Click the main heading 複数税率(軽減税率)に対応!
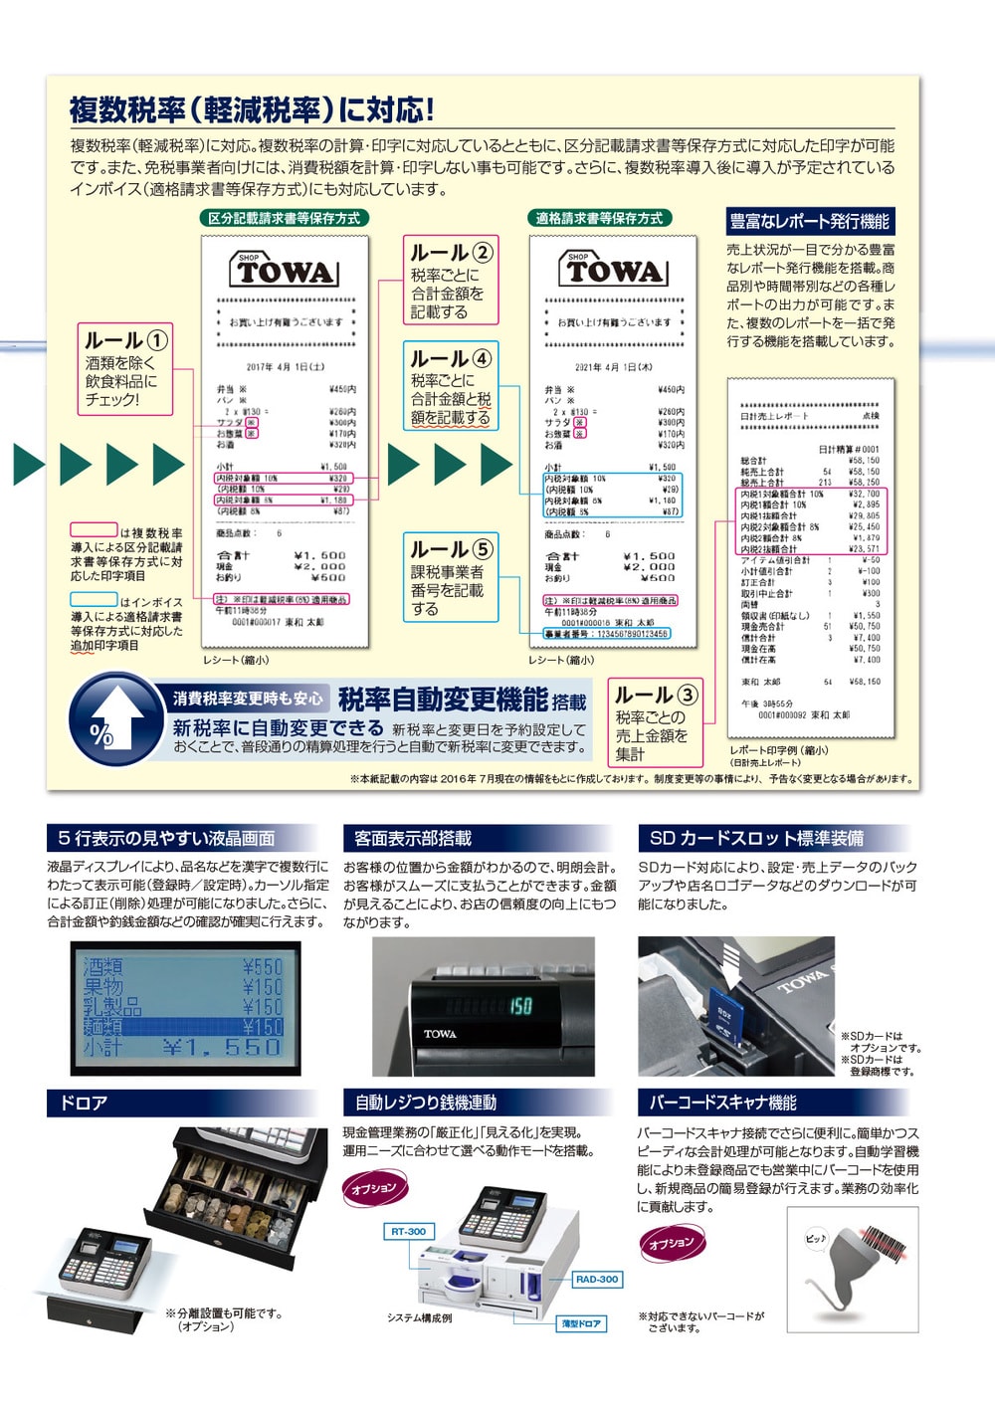tap(252, 108)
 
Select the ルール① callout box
tap(125, 369)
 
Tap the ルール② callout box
tap(450, 282)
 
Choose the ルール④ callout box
tap(450, 386)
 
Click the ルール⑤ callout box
tap(450, 577)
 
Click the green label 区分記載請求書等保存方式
tap(284, 218)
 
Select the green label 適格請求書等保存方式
tap(599, 218)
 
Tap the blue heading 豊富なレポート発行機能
tap(809, 222)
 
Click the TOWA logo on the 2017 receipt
tap(285, 270)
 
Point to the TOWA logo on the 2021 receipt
tap(613, 270)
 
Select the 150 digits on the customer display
tap(520, 1006)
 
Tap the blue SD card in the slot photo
tap(724, 1020)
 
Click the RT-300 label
tap(408, 1231)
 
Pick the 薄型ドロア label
tap(581, 1323)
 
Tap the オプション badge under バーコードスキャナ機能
tap(672, 1243)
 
